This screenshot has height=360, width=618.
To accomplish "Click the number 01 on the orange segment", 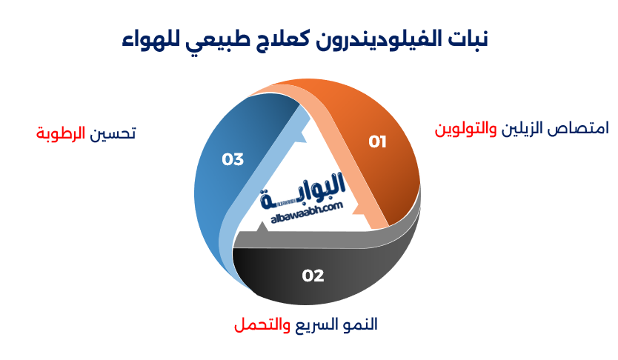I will click(378, 141).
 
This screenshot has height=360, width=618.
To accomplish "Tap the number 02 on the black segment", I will click(313, 276).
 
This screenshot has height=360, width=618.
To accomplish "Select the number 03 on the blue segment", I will click(233, 159).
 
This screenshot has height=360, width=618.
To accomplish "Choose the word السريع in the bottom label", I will click(312, 324).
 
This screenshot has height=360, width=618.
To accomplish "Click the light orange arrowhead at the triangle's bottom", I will click(373, 218).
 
